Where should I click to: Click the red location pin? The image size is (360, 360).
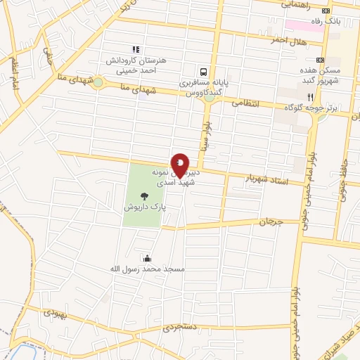180,165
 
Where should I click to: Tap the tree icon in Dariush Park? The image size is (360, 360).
145,197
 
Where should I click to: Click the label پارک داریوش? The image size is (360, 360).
145,208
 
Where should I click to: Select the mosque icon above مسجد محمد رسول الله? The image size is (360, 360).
147,258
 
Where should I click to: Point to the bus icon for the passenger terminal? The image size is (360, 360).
203,71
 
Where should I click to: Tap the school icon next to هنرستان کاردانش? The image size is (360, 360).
136,49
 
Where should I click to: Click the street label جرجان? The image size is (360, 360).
271,221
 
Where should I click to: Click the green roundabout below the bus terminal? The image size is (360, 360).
209,98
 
